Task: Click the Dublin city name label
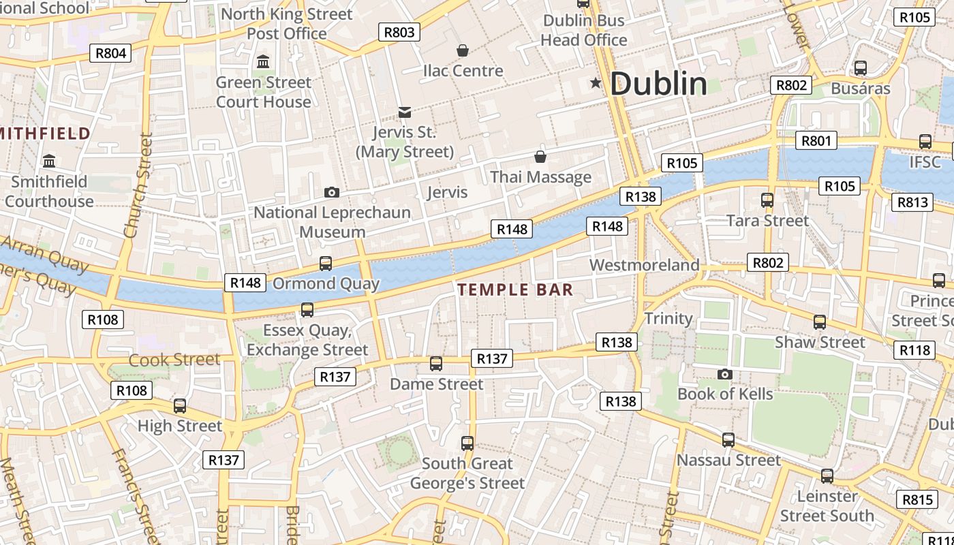tap(658, 84)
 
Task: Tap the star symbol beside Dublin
tap(596, 83)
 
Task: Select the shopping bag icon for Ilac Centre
tap(463, 50)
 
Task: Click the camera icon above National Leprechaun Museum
tap(332, 193)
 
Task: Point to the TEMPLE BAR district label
tap(515, 290)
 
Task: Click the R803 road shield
tap(399, 32)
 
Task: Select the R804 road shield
tap(110, 53)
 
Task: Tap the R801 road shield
tap(816, 141)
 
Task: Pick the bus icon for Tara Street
tap(767, 200)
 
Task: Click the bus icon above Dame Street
tap(436, 364)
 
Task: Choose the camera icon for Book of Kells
tap(725, 374)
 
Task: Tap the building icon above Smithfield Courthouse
tap(49, 161)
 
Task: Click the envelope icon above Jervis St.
tap(405, 112)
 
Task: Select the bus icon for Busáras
tap(861, 68)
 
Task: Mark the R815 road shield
tap(917, 499)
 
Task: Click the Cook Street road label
tap(174, 360)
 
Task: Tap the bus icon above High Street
tap(180, 406)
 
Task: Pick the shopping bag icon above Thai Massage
tap(540, 157)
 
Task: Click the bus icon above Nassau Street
tap(728, 440)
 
